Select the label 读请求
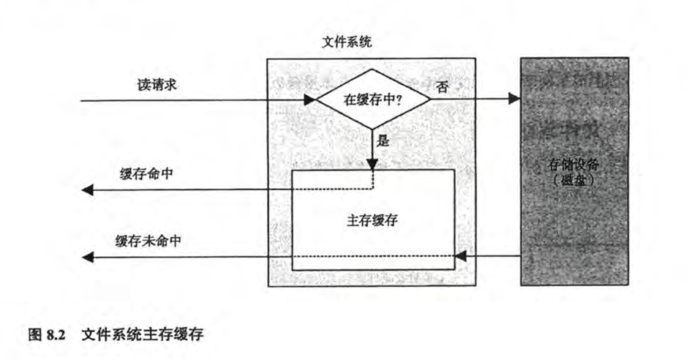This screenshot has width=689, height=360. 157,86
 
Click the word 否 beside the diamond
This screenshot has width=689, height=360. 442,86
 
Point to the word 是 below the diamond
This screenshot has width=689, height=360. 383,141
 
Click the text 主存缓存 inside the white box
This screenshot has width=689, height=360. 372,220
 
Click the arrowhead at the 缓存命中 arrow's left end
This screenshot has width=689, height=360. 87,190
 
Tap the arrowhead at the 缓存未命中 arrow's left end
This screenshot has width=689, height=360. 87,256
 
